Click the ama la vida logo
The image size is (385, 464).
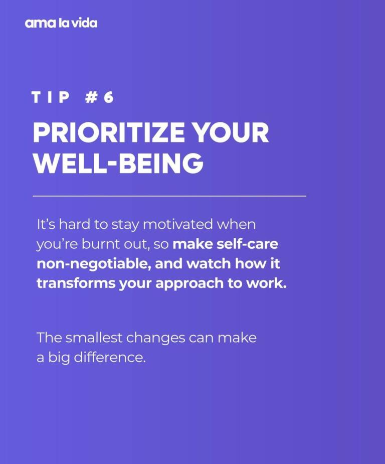pyautogui.click(x=61, y=23)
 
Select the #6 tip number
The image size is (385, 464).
pyautogui.click(x=99, y=97)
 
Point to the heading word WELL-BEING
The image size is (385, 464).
pyautogui.click(x=118, y=164)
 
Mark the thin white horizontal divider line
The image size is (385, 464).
pyautogui.click(x=169, y=196)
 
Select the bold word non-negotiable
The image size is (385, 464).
pyautogui.click(x=93, y=263)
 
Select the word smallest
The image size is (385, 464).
pyautogui.click(x=94, y=338)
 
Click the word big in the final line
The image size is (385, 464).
pyautogui.click(x=56, y=358)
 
